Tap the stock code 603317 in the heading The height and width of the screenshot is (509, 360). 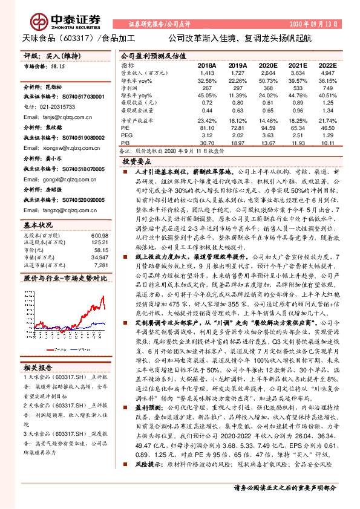(x=82, y=37)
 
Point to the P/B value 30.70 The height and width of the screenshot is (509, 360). (x=207, y=143)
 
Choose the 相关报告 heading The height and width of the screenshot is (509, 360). (x=38, y=368)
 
